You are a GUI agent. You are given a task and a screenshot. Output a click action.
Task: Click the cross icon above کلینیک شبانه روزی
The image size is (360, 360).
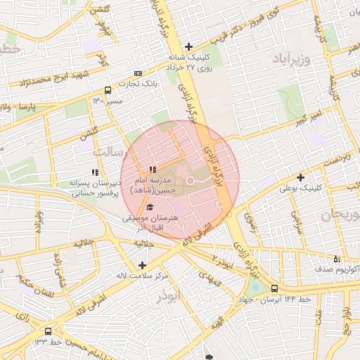(188, 46)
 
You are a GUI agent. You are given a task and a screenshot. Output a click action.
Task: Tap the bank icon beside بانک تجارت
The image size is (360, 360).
(138, 73)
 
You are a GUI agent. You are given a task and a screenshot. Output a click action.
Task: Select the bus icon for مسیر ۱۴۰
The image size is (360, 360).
(108, 90)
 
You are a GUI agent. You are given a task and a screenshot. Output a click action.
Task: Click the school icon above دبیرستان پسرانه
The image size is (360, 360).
(94, 172)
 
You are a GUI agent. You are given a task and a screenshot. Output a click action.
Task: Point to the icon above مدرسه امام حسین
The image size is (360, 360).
(153, 169)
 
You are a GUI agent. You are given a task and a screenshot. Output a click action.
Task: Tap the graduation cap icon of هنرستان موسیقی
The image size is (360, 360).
(150, 207)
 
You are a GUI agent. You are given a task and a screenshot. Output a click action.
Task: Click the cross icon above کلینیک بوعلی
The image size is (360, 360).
(300, 177)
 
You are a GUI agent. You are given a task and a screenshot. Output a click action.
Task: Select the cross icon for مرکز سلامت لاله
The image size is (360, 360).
(143, 265)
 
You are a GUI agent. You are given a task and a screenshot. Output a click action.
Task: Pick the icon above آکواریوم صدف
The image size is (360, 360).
(337, 257)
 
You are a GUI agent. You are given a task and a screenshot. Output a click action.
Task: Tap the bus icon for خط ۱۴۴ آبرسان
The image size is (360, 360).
(274, 288)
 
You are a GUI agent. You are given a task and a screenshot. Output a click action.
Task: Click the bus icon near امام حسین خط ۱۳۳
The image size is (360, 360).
(48, 330)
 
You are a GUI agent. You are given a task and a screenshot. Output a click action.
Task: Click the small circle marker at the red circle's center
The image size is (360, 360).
(190, 183)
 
